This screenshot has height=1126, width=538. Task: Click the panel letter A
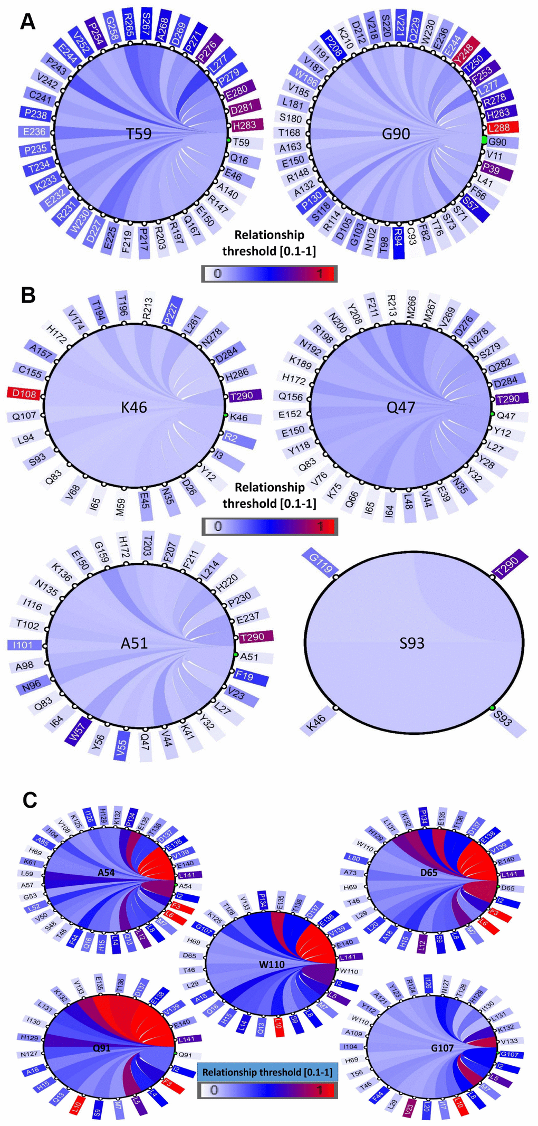point(27,22)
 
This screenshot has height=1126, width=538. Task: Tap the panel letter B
point(28,295)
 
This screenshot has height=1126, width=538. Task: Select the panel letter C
point(30,800)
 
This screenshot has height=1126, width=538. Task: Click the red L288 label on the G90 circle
point(502,127)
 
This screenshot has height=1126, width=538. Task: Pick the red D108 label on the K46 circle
point(24,393)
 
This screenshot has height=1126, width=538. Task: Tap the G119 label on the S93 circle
point(321,563)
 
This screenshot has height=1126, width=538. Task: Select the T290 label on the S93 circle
point(510,564)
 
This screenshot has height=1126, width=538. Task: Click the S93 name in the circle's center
point(412,643)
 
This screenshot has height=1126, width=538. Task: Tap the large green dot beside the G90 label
point(484,140)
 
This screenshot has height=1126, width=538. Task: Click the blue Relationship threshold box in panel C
point(267,1072)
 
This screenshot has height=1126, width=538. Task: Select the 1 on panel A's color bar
point(319,274)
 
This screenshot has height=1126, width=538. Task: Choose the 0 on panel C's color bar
point(214,1090)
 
